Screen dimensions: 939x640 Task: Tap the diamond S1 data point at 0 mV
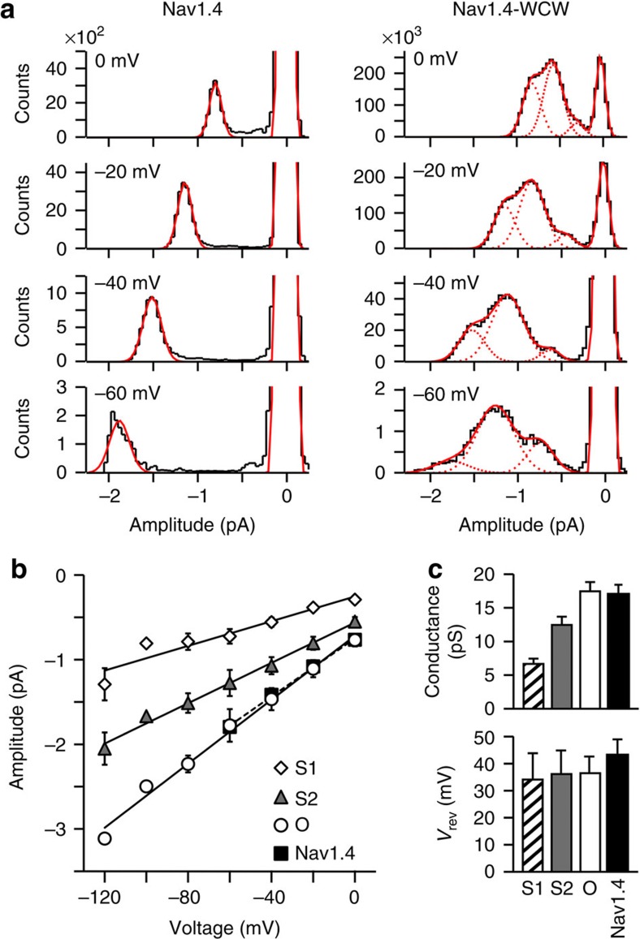pyautogui.click(x=354, y=599)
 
